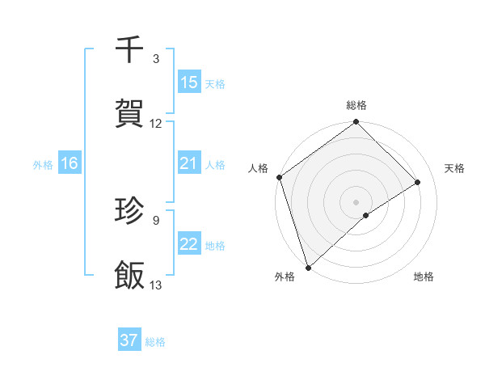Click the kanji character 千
130,49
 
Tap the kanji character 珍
130,210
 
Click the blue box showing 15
189,82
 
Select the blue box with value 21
189,163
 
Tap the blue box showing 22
189,244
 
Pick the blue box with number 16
70,163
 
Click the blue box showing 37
129,340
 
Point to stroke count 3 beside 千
156,59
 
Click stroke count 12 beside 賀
156,124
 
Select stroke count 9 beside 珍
156,219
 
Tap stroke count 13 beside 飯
156,285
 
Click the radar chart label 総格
356,105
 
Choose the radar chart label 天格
455,168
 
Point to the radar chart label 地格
424,277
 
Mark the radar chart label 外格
285,277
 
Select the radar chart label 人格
258,168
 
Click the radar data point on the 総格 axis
356,123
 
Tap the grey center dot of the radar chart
356,201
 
